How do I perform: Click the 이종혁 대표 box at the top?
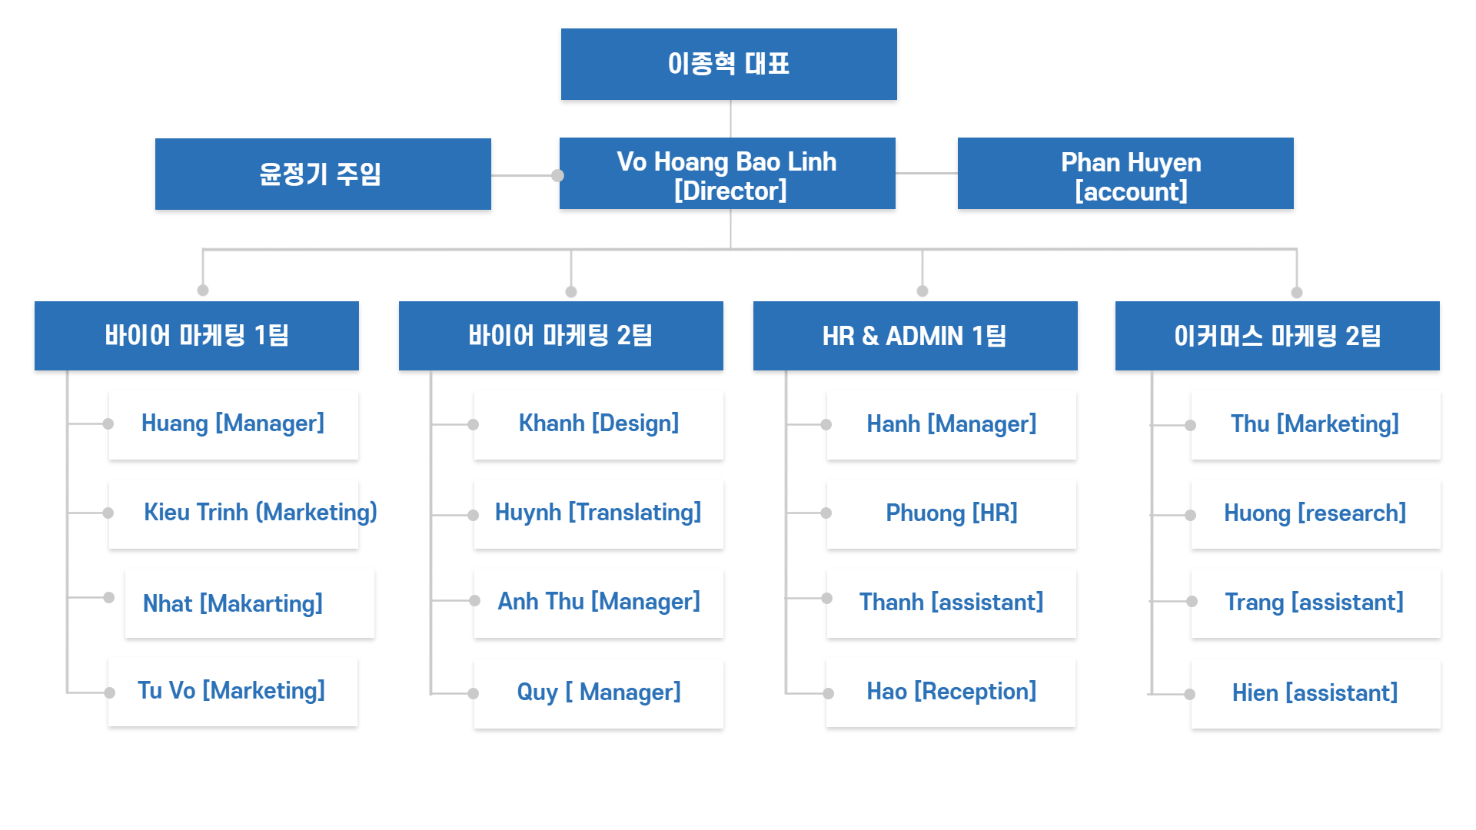click(729, 64)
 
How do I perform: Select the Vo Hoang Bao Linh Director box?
click(727, 174)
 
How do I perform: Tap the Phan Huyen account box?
click(1125, 174)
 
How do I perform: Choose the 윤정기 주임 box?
click(323, 174)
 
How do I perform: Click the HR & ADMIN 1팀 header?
click(916, 336)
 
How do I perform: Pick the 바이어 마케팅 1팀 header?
click(197, 336)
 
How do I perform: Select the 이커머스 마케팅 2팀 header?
click(1278, 336)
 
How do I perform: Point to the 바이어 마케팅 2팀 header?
click(561, 336)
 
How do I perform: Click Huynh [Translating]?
click(599, 513)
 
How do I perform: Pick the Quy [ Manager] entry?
click(599, 693)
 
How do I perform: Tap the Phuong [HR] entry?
click(952, 513)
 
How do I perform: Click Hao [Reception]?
click(951, 692)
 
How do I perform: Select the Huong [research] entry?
click(1316, 513)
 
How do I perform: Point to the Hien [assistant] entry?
click(1316, 693)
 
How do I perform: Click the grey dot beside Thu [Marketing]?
click(1190, 425)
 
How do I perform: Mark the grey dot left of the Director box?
click(557, 175)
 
